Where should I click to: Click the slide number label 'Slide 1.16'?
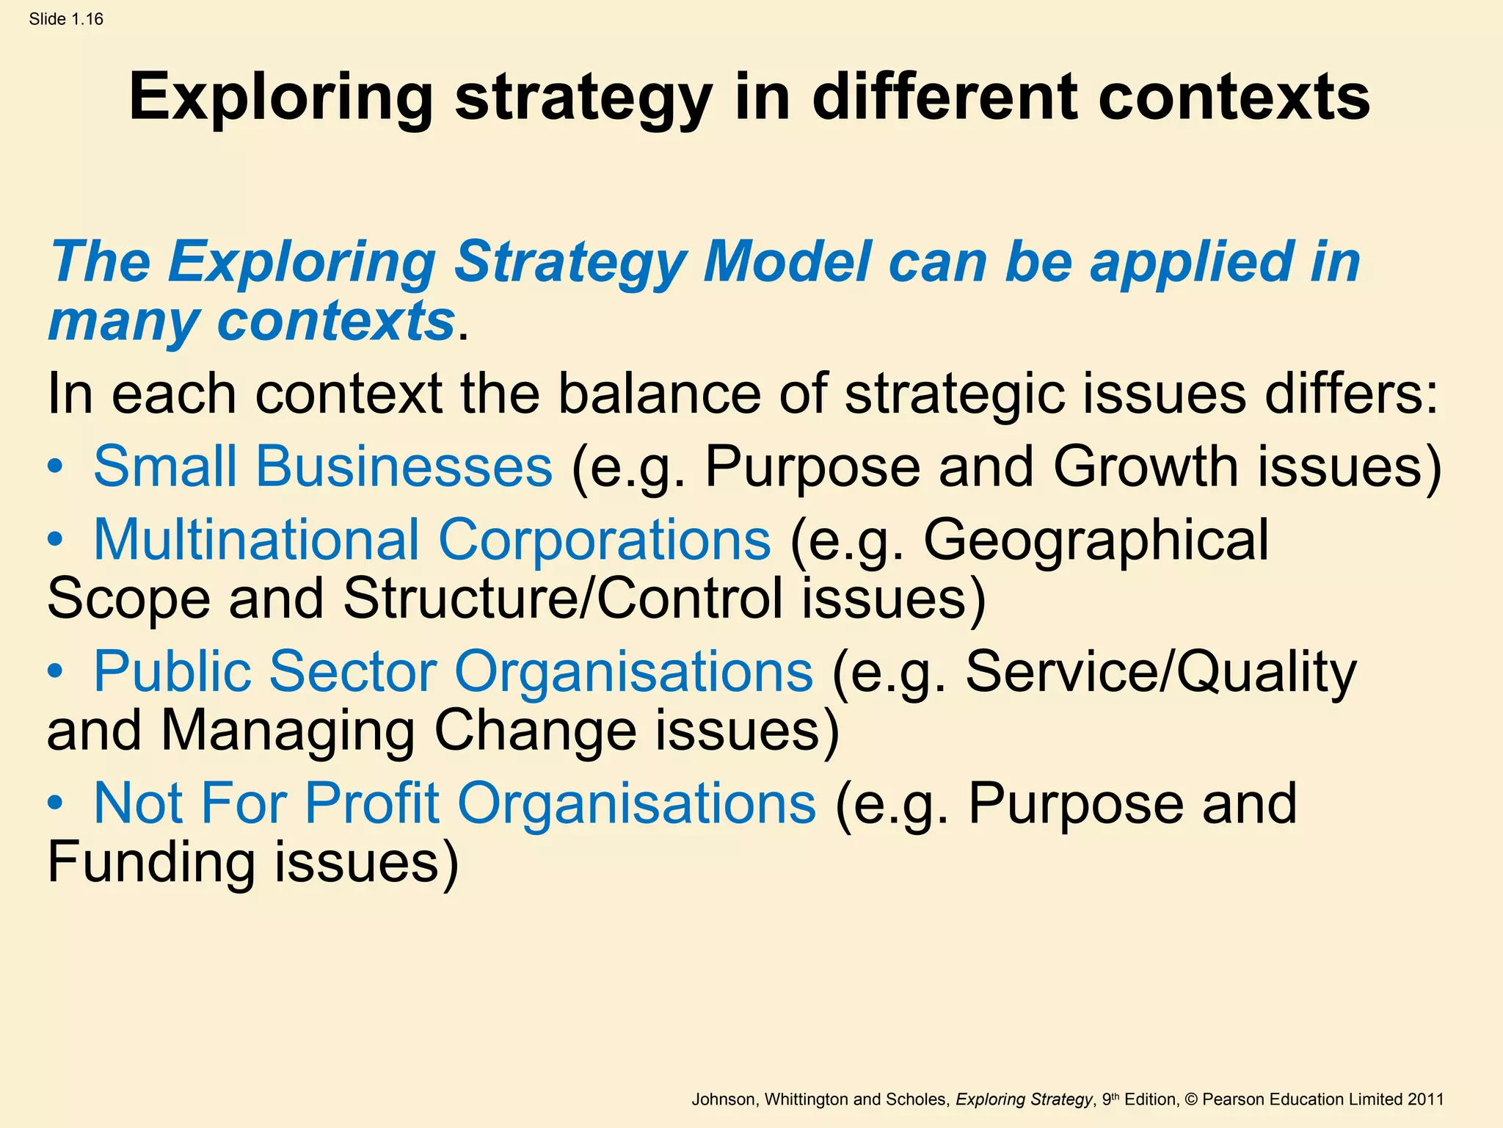[66, 19]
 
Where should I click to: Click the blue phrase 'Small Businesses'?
[323, 467]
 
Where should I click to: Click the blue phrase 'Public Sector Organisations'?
[453, 671]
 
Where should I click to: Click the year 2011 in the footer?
[1426, 1099]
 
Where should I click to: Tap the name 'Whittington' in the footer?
[807, 1099]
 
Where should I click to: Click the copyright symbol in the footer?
[1191, 1099]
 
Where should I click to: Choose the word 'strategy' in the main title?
[583, 98]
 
